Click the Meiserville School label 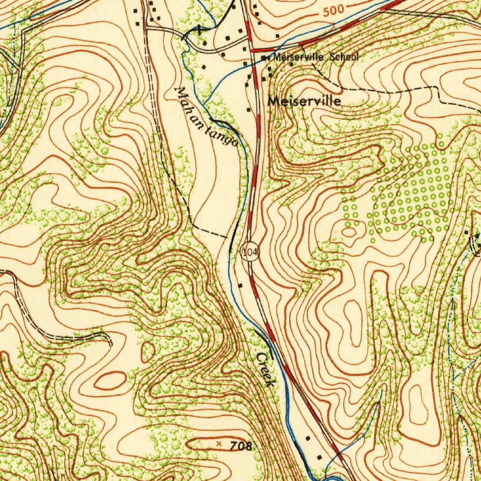pyautogui.click(x=316, y=57)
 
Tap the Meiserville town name pyautogui.click(x=304, y=101)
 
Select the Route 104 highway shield pyautogui.click(x=250, y=252)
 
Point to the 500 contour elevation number pyautogui.click(x=334, y=10)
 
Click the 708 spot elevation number pyautogui.click(x=241, y=446)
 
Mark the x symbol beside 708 pyautogui.click(x=218, y=443)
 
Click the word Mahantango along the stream pyautogui.click(x=206, y=116)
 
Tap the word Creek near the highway pyautogui.click(x=264, y=370)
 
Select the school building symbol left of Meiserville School pyautogui.click(x=264, y=58)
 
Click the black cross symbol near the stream pyautogui.click(x=199, y=30)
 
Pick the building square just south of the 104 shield pyautogui.click(x=240, y=285)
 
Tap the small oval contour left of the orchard pyautogui.click(x=349, y=232)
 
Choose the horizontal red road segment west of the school pyautogui.click(x=263, y=49)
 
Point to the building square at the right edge pyautogui.click(x=466, y=233)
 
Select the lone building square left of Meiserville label pyautogui.click(x=248, y=110)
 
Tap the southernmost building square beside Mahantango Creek pyautogui.click(x=320, y=457)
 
